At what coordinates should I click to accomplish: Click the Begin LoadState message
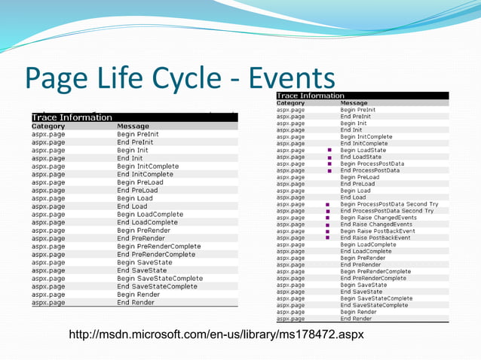pos(364,150)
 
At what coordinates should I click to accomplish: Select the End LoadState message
pos(361,157)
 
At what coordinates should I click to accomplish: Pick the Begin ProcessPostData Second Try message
pos(389,204)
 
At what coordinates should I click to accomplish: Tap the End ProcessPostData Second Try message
pos(387,211)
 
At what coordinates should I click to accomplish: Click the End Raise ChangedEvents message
pos(376,224)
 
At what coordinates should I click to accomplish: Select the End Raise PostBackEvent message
pos(375,238)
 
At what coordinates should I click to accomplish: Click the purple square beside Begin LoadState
pos(329,151)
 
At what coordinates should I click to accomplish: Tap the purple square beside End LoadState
pos(329,157)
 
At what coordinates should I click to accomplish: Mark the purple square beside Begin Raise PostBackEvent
pos(327,231)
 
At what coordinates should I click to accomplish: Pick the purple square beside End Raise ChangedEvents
pos(327,224)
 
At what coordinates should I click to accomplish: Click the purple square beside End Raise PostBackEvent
pos(327,238)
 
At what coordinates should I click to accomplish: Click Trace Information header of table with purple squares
pos(311,96)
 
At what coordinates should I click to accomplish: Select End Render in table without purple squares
pos(136,303)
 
